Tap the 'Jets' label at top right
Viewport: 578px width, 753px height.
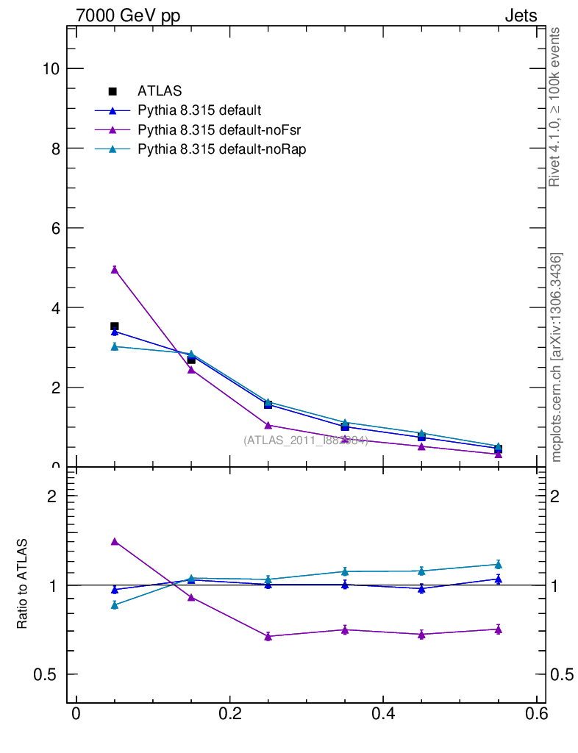pyautogui.click(x=520, y=16)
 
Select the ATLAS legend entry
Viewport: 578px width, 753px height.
pyautogui.click(x=160, y=91)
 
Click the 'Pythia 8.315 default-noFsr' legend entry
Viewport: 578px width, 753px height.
pyautogui.click(x=219, y=130)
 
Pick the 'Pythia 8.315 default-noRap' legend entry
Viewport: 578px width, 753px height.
pyautogui.click(x=221, y=149)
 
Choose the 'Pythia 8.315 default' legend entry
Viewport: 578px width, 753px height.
pyautogui.click(x=199, y=111)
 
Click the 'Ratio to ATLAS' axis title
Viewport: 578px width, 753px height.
pyautogui.click(x=23, y=585)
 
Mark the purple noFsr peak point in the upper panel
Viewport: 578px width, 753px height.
pyautogui.click(x=115, y=270)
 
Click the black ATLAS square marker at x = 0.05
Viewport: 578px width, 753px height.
pyautogui.click(x=115, y=326)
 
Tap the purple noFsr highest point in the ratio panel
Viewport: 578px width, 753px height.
pyautogui.click(x=115, y=542)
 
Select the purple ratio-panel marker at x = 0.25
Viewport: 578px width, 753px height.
pyautogui.click(x=268, y=637)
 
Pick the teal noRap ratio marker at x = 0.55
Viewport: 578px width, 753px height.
pyautogui.click(x=498, y=565)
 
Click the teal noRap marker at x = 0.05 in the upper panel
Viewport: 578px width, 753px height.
pyautogui.click(x=115, y=346)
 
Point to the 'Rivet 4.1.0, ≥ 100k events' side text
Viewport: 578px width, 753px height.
pyautogui.click(x=556, y=107)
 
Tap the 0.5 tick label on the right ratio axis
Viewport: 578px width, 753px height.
pyautogui.click(x=563, y=674)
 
